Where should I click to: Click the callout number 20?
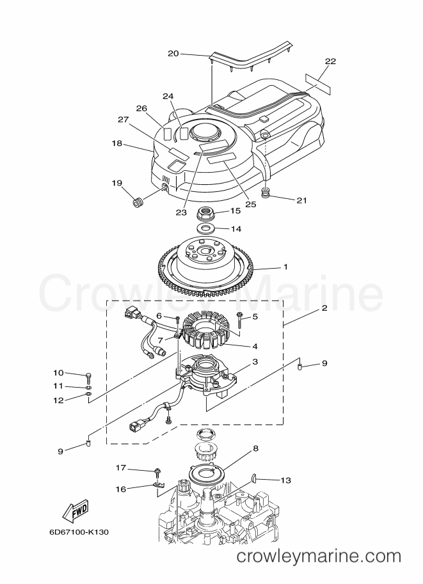pos(173,54)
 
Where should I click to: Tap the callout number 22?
pos(330,61)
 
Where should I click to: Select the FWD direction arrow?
pos(75,510)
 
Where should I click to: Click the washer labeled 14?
pos(204,227)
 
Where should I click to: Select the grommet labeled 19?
pos(139,203)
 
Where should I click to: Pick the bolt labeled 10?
pos(89,377)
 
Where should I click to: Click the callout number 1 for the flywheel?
pos(285,267)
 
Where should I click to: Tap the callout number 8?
pos(256,448)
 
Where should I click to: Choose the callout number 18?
pos(117,143)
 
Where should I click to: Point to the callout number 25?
pos(251,204)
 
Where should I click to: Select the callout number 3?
pos(255,361)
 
